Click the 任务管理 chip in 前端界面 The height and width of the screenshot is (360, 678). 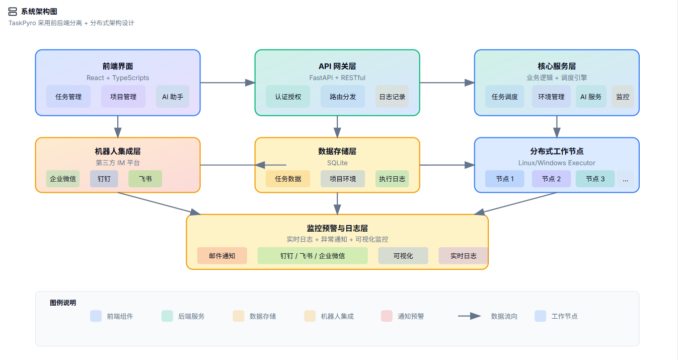coord(68,97)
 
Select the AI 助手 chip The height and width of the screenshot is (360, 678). coord(173,97)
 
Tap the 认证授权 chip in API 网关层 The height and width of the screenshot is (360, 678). coord(288,97)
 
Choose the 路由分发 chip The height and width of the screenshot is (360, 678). coord(343,97)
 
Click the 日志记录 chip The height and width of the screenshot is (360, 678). coord(393,97)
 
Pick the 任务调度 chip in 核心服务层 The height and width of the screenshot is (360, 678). coord(505,97)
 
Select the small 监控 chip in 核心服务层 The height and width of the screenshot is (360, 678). coord(623,97)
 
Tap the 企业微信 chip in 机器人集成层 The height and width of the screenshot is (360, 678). coord(63,179)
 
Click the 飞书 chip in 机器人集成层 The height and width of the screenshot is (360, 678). coord(145,179)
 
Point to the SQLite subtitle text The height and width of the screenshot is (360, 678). coord(337,163)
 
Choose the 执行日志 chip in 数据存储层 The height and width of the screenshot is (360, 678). coord(392,179)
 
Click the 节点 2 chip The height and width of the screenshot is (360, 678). coord(551,179)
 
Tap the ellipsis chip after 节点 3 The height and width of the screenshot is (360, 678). coord(625,179)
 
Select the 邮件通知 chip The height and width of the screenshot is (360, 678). coord(222,256)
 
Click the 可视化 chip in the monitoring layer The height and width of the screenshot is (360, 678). coord(403,256)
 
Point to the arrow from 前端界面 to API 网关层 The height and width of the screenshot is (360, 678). coord(228,83)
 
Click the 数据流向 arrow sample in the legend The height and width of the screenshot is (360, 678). coord(470,316)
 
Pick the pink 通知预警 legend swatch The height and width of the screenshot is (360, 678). coord(387,316)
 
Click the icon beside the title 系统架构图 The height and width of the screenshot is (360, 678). coord(13,12)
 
